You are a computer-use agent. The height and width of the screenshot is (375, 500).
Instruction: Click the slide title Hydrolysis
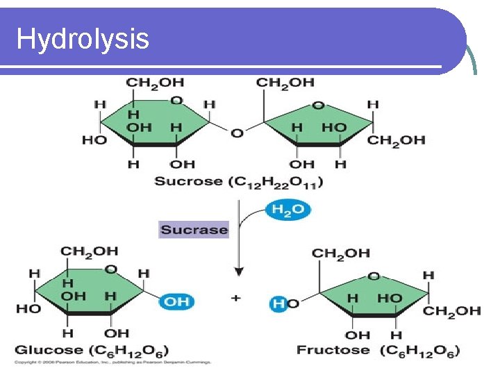point(83,39)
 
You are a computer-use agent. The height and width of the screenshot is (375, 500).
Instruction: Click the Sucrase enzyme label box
point(194,229)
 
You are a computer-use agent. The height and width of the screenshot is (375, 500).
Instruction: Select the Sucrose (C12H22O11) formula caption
point(238,182)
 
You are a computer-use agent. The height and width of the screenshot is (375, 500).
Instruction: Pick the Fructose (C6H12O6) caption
point(378,350)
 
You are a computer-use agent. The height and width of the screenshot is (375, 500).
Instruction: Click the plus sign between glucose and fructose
point(236,298)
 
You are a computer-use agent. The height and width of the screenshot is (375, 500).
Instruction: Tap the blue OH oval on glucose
point(176,301)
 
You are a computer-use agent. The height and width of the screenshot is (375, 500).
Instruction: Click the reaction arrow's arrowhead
point(238,272)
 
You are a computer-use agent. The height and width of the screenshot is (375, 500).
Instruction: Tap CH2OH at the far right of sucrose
point(396,140)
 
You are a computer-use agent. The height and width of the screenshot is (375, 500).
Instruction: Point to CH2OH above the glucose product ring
point(89,251)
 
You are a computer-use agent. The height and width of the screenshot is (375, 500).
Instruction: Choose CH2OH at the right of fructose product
point(451,310)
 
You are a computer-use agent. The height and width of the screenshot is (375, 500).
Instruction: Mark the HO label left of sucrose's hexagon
point(94,140)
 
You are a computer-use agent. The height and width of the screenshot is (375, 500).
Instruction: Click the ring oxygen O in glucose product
point(110,269)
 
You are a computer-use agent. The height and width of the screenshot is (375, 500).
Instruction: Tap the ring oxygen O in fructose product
point(374,276)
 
